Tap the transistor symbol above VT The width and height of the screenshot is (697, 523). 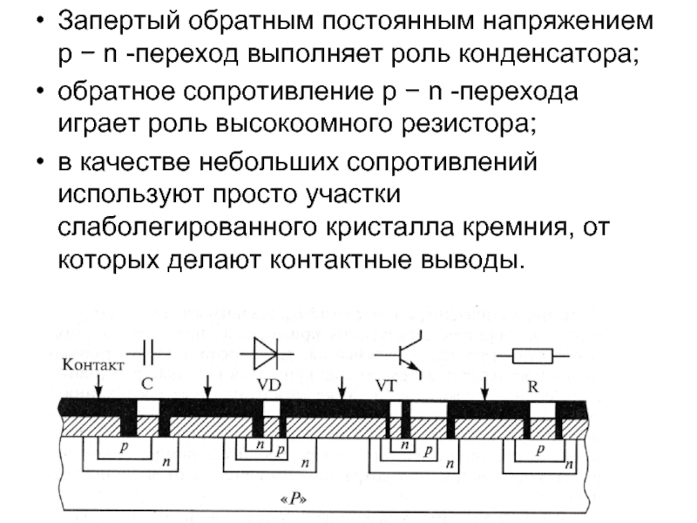(403, 354)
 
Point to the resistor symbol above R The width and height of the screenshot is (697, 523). (533, 355)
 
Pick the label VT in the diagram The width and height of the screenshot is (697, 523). (385, 384)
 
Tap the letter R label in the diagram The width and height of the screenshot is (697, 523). (532, 384)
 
